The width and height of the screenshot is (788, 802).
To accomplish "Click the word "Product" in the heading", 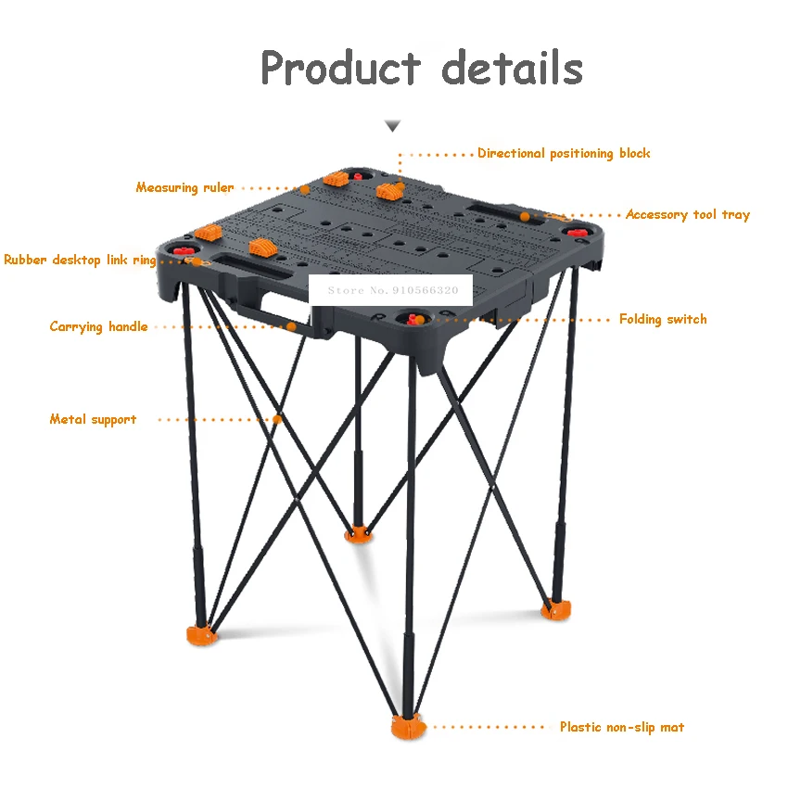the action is coord(340,69).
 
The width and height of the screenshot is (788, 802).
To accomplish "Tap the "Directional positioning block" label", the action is coord(564,153).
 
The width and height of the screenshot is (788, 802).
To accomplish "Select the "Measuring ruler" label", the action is coord(184,187).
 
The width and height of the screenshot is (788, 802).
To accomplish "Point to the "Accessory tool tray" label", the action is coord(687,214).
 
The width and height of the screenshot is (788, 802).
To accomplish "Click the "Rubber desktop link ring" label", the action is coord(80,260).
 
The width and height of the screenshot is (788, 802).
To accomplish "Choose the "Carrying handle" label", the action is coord(98,326).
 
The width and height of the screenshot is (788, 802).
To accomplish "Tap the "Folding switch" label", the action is coord(663,319).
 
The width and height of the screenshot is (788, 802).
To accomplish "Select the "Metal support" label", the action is coord(93,419).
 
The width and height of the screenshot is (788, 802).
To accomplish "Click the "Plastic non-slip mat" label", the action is coord(621,727).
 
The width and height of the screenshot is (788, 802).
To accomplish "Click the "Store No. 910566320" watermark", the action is coord(393,290).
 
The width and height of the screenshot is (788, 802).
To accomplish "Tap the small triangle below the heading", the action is coord(394,125).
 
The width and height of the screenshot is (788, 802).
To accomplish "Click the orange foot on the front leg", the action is coord(406,727).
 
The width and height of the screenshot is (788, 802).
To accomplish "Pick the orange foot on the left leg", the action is coord(201,634).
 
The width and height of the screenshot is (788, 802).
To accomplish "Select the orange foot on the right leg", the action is coord(556,609).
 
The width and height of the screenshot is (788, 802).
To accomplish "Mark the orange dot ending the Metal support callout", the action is coord(277,419).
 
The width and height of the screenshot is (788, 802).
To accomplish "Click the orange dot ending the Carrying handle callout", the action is coord(291,326).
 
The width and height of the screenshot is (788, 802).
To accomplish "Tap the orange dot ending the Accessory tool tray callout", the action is coord(525,215).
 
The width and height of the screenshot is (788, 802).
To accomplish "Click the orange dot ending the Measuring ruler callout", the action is coord(304,189).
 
